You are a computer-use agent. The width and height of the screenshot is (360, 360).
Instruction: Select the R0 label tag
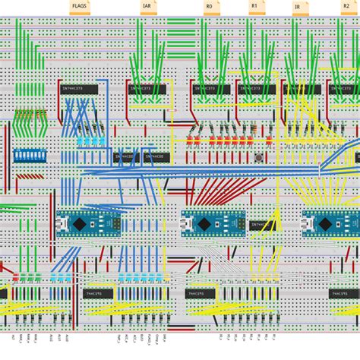(209, 7)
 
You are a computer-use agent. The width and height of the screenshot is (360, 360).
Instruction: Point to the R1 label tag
(254, 7)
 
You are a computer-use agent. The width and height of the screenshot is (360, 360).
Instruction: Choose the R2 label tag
(346, 7)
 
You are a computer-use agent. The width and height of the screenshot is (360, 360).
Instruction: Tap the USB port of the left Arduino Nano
(61, 224)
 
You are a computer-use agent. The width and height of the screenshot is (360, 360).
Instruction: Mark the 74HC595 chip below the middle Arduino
(205, 293)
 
